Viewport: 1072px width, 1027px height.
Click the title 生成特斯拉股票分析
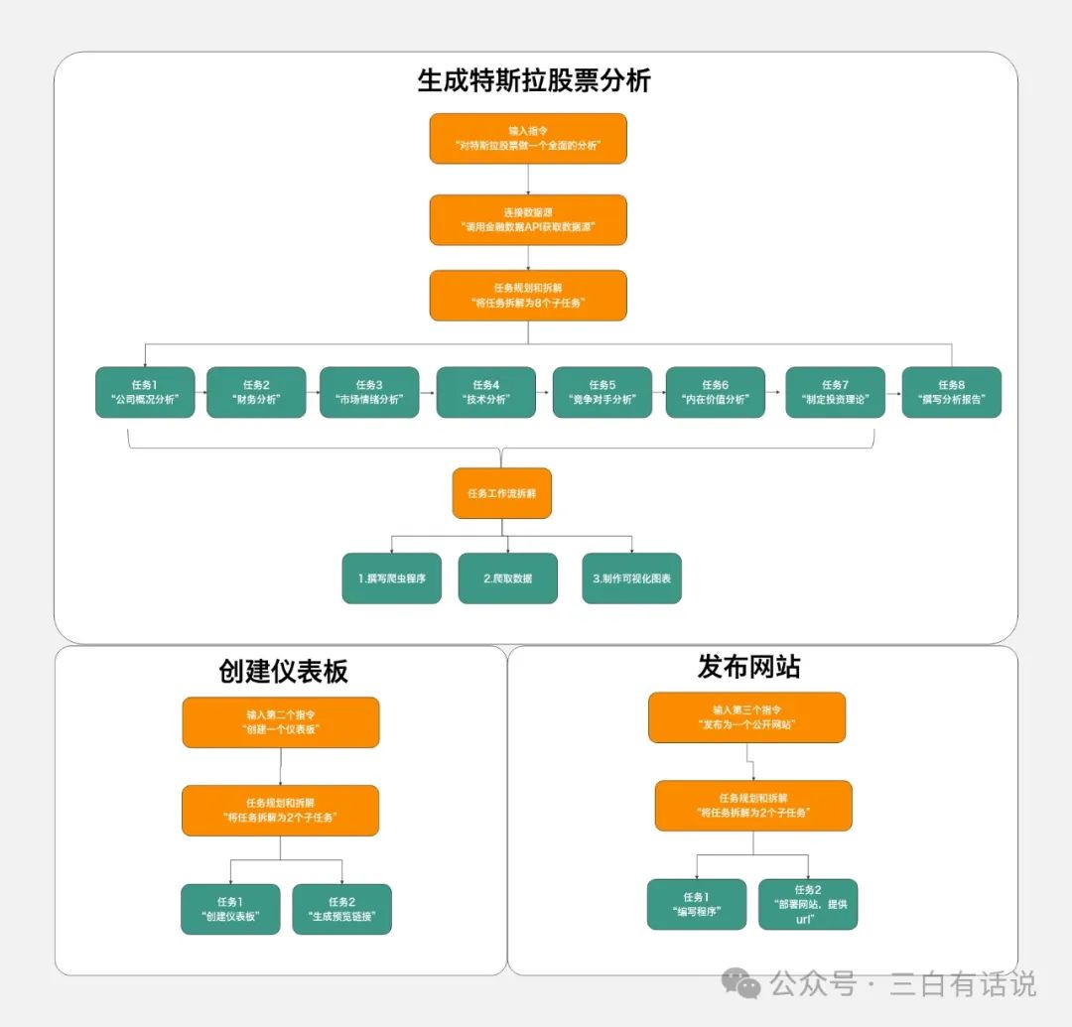[x=534, y=81]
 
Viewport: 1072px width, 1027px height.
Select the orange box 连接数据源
[x=528, y=219]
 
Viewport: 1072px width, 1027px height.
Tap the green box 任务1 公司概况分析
[x=145, y=392]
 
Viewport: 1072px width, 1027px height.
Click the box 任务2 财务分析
[x=256, y=392]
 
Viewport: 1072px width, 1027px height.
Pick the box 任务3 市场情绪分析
[x=369, y=392]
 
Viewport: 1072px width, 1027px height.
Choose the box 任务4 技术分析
[x=485, y=392]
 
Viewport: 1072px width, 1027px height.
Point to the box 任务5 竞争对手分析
[x=602, y=392]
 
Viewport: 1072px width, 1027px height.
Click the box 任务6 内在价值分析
[x=715, y=392]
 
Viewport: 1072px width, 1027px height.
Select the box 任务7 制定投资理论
[x=835, y=392]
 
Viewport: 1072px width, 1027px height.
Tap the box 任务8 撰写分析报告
[x=951, y=392]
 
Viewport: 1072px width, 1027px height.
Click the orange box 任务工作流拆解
[x=501, y=493]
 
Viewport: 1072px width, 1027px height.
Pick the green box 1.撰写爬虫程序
[x=391, y=578]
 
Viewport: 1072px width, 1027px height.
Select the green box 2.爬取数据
[x=507, y=578]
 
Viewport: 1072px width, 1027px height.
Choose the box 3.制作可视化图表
[x=631, y=578]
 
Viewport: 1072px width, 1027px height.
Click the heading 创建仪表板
[x=283, y=672]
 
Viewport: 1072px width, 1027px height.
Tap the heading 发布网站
[x=748, y=668]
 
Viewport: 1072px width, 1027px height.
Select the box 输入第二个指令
[x=281, y=721]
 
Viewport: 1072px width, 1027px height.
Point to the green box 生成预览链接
[x=341, y=909]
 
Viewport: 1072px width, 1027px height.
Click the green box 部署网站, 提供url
[x=808, y=904]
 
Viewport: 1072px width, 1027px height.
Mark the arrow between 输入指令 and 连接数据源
[x=528, y=179]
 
